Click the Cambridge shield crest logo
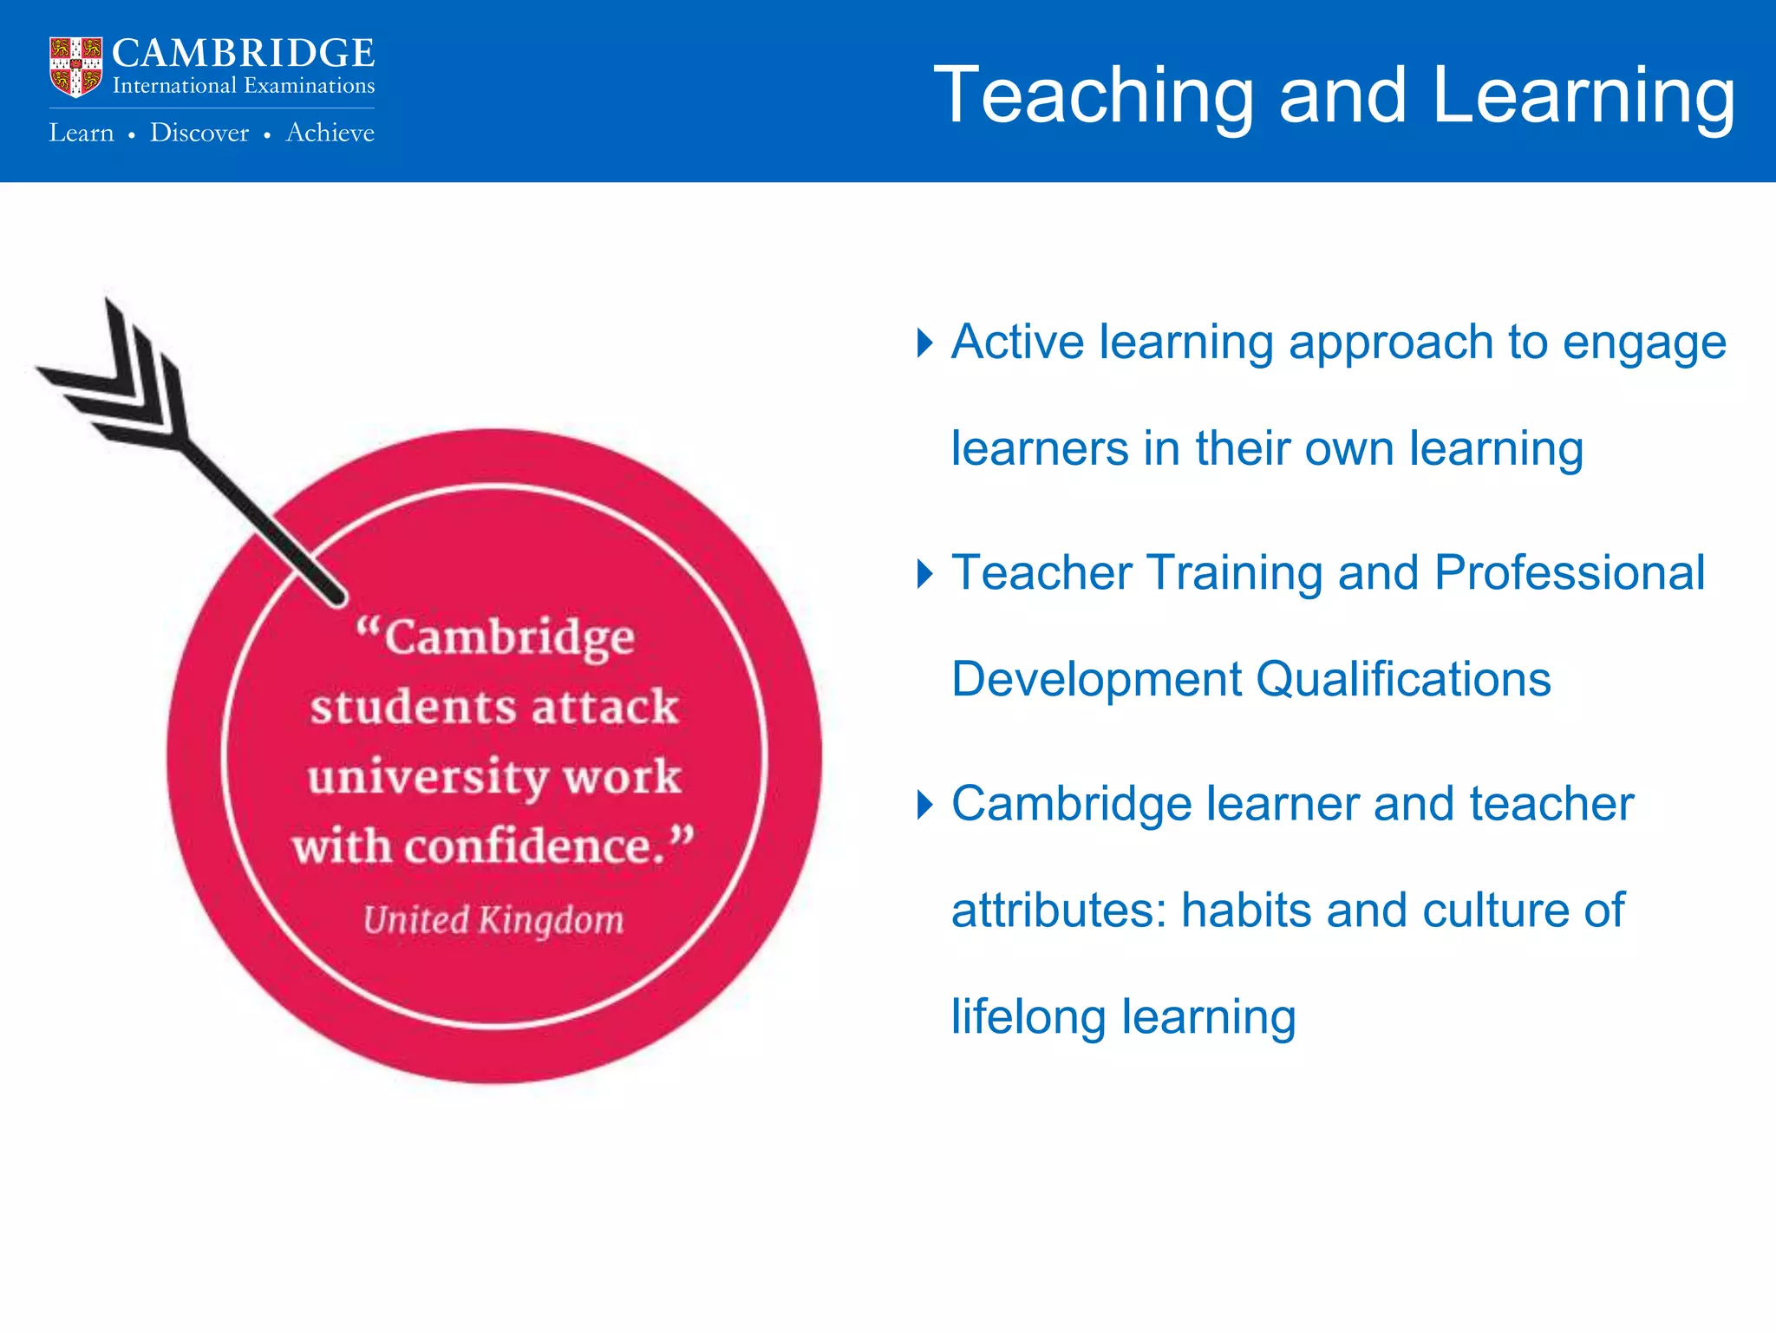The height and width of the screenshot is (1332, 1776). [x=75, y=66]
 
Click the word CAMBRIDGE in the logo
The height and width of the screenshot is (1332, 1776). [x=244, y=54]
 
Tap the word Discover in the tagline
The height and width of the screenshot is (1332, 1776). [x=199, y=133]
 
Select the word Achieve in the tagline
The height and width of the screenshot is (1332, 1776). [x=330, y=133]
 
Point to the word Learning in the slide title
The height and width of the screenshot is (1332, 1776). [x=1583, y=97]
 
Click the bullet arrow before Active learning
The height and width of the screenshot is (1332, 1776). [x=925, y=343]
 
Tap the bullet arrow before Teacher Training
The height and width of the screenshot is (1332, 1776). [x=925, y=574]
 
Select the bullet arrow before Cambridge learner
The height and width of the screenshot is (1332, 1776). [x=925, y=805]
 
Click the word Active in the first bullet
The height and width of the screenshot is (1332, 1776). [x=1017, y=342]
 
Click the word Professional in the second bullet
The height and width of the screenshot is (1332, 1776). [x=1570, y=573]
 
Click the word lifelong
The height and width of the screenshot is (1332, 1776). [x=1028, y=1016]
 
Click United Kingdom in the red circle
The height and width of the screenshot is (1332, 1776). [x=493, y=920]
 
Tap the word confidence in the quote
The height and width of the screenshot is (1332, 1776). [x=529, y=846]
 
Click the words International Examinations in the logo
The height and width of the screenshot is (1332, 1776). [x=244, y=86]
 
